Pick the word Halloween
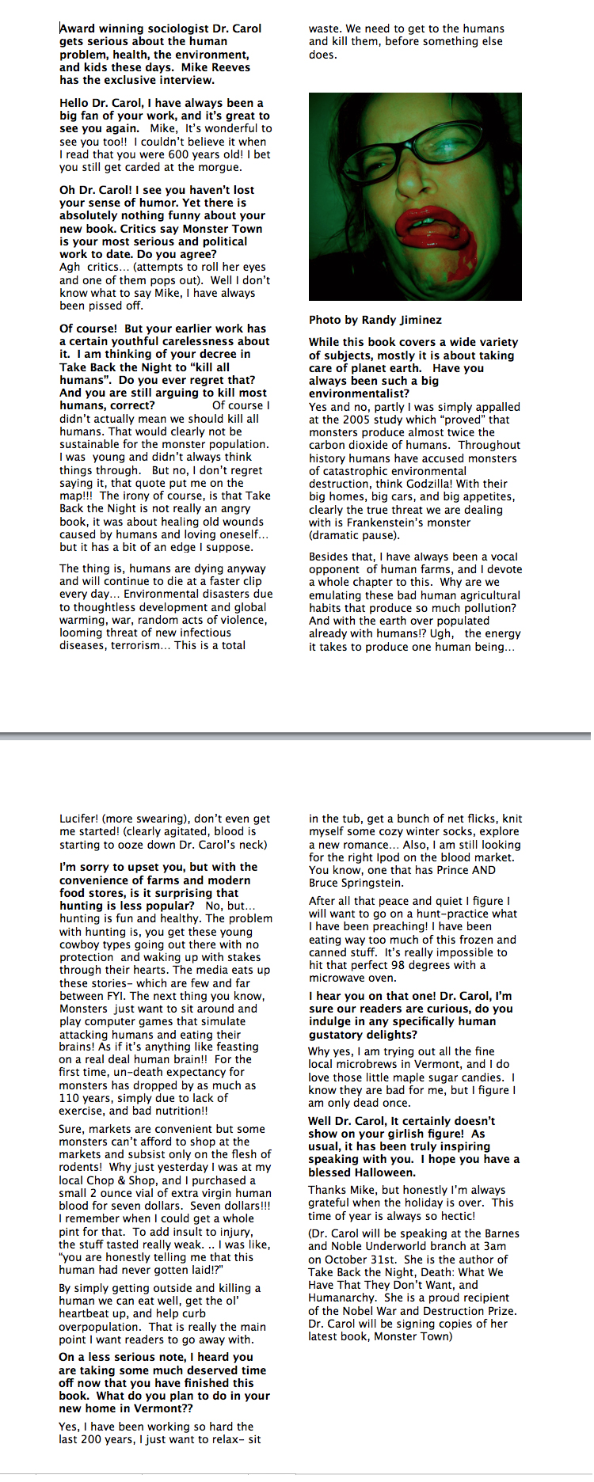pos(384,1172)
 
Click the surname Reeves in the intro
pos(230,67)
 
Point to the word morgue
pos(218,167)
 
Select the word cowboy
pos(79,944)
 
